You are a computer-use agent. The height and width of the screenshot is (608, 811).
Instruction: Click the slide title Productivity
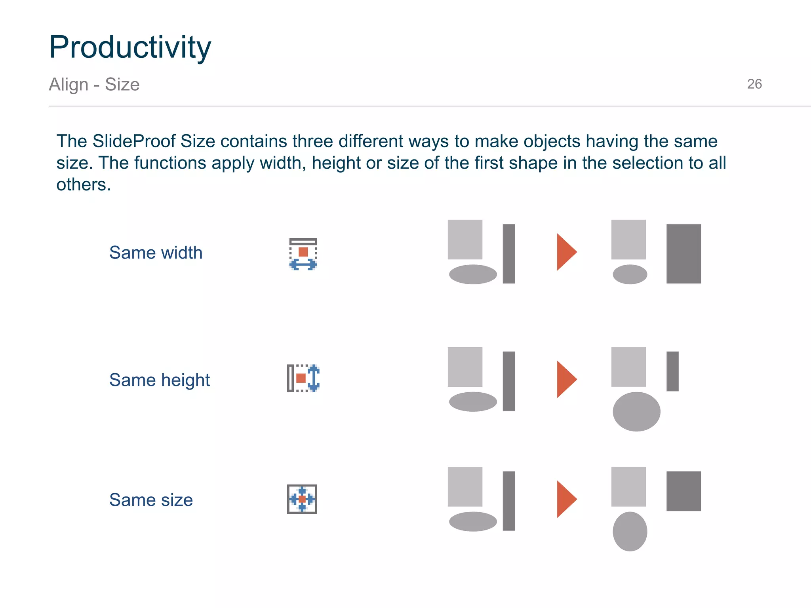coord(130,47)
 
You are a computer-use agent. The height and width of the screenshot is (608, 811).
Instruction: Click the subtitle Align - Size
coord(94,84)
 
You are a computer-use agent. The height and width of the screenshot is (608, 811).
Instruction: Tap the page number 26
coord(754,84)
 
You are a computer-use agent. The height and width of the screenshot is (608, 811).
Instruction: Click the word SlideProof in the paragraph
coord(134,141)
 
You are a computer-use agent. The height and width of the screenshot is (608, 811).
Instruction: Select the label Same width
coord(156,253)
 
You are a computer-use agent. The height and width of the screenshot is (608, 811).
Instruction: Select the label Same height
coord(159,380)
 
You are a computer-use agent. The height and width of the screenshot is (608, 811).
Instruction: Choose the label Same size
coord(151,500)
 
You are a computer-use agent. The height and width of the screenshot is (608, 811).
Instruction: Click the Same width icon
coord(303,254)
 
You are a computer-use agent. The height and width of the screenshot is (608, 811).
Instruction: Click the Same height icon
coord(303,378)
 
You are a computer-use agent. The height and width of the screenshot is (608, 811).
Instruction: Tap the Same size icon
coord(302,499)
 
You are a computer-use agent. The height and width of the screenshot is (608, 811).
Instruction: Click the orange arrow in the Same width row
coord(565,252)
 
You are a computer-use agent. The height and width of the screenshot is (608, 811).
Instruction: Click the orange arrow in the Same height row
coord(565,379)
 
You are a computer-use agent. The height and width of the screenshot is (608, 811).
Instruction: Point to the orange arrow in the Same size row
coord(565,499)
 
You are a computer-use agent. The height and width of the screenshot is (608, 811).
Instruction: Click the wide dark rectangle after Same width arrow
coord(683,254)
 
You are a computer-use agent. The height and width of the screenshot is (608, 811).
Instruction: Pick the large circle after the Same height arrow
coord(636,412)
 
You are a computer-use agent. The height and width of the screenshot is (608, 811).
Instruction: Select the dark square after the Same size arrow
coord(683,491)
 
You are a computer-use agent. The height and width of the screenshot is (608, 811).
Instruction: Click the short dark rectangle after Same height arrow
coord(672,371)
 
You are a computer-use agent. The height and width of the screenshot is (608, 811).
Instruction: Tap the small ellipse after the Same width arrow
coord(630,274)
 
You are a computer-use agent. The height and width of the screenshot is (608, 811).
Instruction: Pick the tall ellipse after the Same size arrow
coord(630,531)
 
